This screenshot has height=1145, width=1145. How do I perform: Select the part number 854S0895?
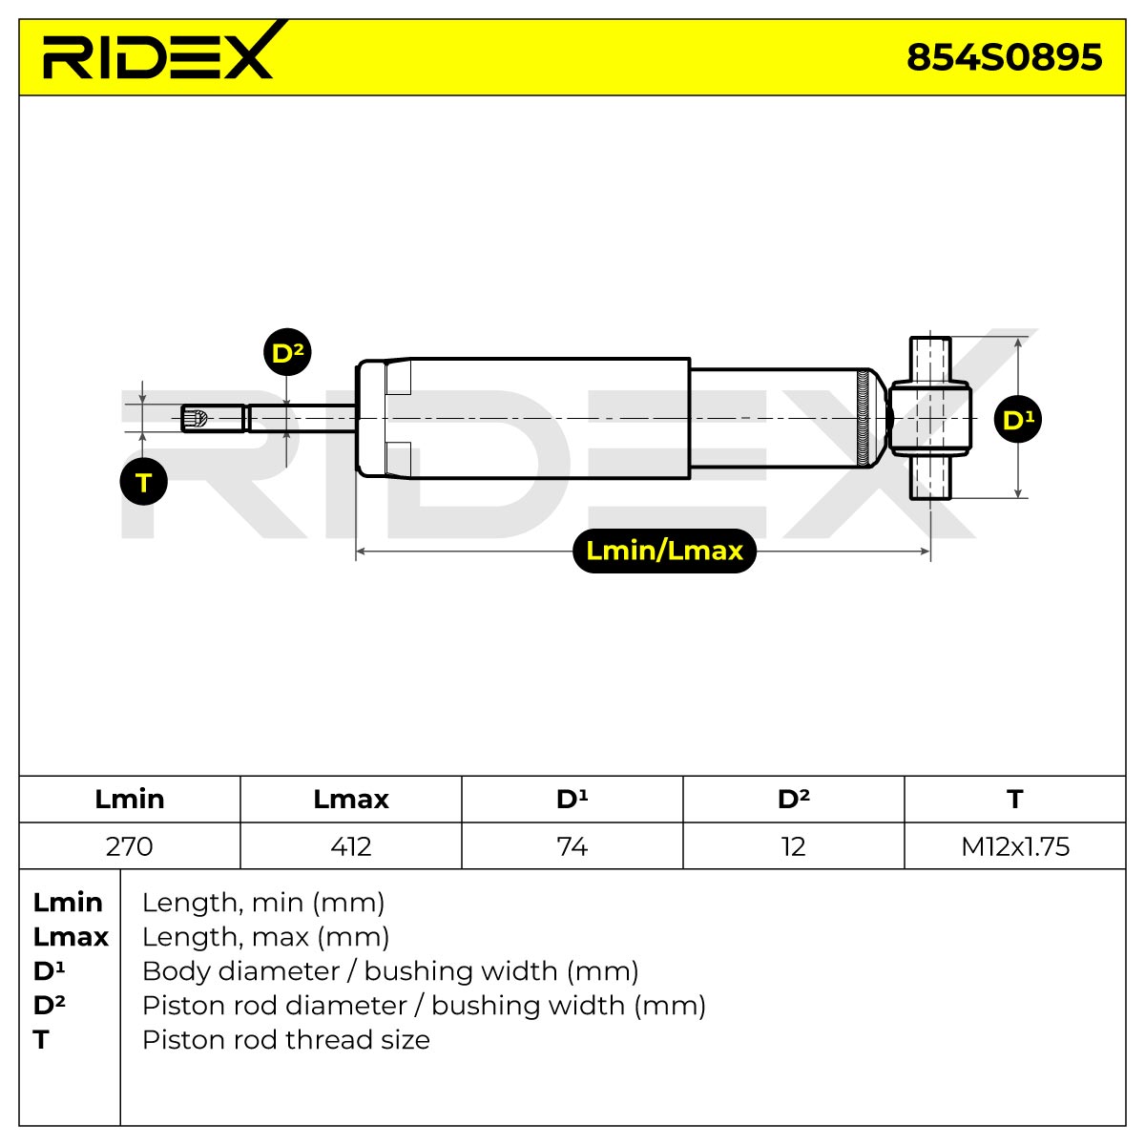pos(1004,57)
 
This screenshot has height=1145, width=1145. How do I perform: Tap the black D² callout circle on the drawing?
pos(287,352)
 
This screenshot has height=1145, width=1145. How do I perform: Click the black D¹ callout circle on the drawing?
pos(1017,419)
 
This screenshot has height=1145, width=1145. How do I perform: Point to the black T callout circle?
pos(143,481)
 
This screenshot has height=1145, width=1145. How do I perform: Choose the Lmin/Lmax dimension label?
pos(664,551)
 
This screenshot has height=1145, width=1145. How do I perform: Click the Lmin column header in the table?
pos(130,800)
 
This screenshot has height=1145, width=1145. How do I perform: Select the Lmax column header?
pos(350,800)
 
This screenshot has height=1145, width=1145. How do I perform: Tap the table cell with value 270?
pos(130,846)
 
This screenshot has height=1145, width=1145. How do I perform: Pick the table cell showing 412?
pos(350,846)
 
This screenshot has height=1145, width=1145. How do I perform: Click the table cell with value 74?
pos(572,846)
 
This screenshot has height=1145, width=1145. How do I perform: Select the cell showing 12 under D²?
pos(794,846)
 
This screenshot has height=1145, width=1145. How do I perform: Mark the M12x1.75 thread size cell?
pos(1015,846)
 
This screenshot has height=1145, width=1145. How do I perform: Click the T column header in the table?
pos(1015,800)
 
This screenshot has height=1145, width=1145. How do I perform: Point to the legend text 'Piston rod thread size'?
pos(286,1040)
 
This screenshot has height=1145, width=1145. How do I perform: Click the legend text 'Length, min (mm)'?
pos(263,903)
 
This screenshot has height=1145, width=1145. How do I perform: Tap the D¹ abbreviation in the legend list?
pos(49,971)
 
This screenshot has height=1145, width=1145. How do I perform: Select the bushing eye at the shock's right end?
pos(930,418)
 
